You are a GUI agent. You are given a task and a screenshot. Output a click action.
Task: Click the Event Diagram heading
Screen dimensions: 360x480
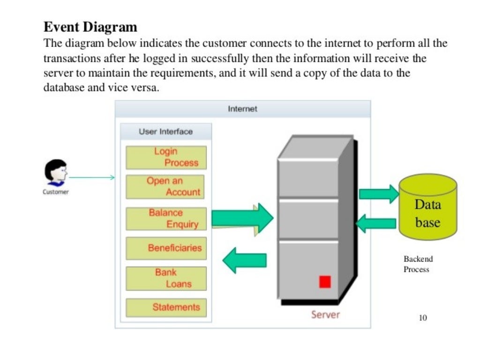point(90,27)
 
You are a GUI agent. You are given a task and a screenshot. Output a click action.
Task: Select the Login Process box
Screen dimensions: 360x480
point(166,157)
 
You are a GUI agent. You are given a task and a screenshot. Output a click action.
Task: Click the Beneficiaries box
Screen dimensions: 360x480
point(166,248)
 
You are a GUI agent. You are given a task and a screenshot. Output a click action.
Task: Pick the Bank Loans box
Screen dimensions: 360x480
point(166,278)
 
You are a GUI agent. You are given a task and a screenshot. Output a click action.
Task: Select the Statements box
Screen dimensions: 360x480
point(166,307)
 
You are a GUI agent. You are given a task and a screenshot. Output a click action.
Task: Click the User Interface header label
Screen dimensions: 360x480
point(165,132)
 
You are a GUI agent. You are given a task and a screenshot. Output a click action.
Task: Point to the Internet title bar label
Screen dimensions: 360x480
point(242,109)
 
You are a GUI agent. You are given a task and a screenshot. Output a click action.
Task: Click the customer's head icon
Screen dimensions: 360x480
point(55,172)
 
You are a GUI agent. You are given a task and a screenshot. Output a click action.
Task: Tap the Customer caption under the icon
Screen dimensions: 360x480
point(56,192)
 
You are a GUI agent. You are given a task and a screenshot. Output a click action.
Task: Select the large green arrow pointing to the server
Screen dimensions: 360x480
point(242,218)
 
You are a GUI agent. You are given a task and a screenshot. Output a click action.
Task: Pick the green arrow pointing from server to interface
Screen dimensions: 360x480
point(244,261)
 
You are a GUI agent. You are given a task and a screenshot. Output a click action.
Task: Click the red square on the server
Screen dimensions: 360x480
point(325,281)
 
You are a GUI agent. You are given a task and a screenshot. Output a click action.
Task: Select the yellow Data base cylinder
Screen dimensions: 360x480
point(427,207)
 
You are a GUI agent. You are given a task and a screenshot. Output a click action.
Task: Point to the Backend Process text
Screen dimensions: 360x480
point(418,264)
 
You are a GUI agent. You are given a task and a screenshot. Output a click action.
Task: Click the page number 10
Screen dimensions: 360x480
point(423,318)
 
